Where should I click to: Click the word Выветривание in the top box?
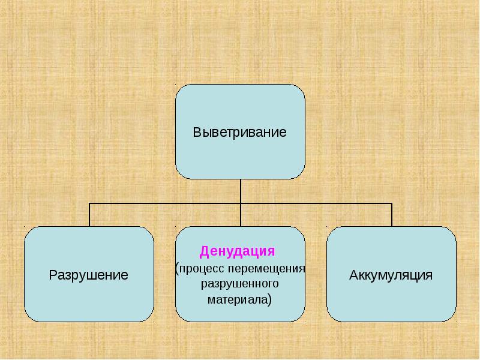[x=239, y=132]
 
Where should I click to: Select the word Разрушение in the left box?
[x=88, y=275]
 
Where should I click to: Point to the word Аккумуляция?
[x=391, y=275]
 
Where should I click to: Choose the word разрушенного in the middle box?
[x=240, y=282]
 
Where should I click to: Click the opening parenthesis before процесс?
[x=177, y=267]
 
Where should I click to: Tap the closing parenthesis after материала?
[x=271, y=298]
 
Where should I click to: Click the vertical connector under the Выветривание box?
[x=240, y=191]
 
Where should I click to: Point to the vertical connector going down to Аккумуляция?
[x=392, y=215]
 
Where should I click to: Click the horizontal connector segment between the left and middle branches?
[x=164, y=203]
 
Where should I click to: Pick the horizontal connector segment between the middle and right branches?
[x=316, y=203]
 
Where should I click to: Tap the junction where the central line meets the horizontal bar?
[x=240, y=203]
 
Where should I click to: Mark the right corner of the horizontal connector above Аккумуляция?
[x=392, y=203]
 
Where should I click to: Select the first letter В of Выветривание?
[x=196, y=132]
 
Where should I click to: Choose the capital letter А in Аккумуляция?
[x=353, y=275]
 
